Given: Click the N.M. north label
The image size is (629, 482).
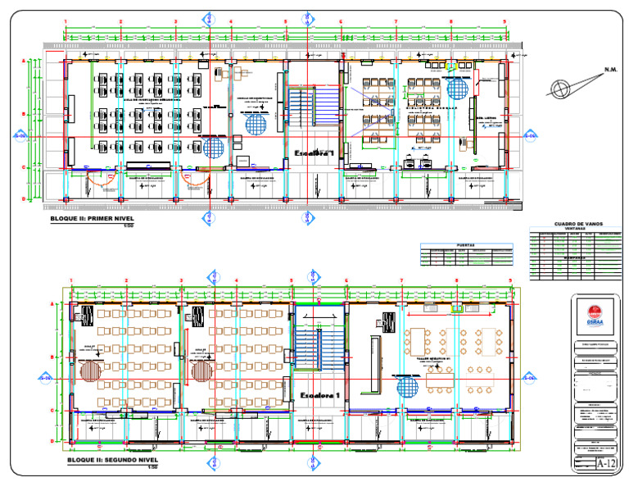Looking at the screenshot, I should coord(604,70).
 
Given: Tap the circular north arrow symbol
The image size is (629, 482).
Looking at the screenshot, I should coord(561,89).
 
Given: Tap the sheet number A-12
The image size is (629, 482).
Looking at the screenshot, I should coord(605,464).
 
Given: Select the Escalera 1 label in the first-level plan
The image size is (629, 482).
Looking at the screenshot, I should coord(314,152).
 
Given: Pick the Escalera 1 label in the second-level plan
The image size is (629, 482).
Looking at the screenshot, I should coord(320,395).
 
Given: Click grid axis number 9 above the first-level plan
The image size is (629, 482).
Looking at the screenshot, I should coord(505,21).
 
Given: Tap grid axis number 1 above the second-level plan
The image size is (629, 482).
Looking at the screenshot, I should coord(72,281).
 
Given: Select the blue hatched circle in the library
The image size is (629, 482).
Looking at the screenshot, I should coord(458,86).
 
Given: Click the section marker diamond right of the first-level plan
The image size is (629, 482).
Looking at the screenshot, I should coord(529,135).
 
